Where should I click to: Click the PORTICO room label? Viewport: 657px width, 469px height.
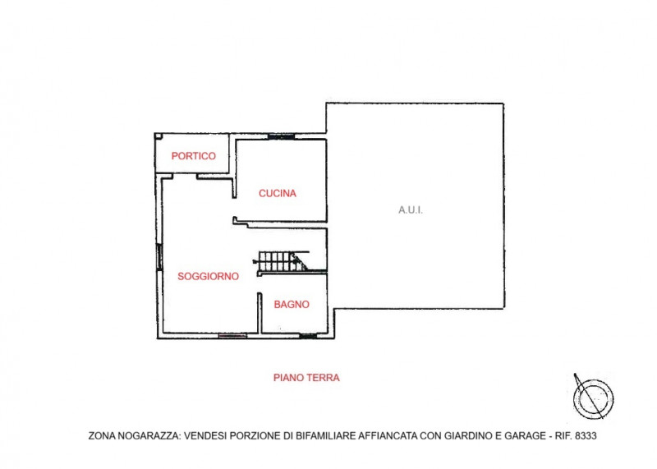point(193,156)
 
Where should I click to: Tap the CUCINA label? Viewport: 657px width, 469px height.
point(277,194)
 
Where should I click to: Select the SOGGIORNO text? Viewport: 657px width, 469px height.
point(209,277)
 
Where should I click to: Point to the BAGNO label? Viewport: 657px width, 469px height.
point(292,304)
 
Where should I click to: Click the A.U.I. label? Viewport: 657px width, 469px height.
point(411,210)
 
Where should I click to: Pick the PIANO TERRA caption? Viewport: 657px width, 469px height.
point(306,378)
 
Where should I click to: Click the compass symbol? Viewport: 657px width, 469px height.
point(592,396)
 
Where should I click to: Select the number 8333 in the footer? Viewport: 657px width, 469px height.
point(584,436)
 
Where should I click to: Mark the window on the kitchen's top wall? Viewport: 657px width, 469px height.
point(281,136)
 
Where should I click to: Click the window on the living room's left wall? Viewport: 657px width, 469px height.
point(159,256)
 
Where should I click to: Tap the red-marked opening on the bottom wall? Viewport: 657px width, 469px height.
point(232,335)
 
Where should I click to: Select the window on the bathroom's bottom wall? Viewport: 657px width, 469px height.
point(308,336)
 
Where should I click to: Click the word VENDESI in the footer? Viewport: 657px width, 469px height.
point(209,436)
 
